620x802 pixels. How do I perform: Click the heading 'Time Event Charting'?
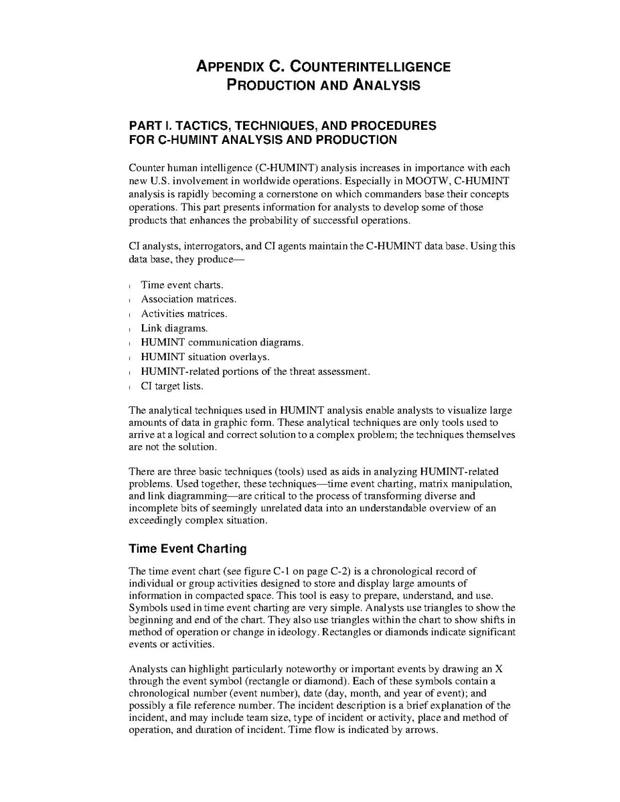[x=187, y=549]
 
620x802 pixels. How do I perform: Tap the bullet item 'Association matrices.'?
[x=188, y=299]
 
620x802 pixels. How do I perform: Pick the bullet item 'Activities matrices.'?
[x=184, y=313]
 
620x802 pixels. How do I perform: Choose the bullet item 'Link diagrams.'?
[x=174, y=328]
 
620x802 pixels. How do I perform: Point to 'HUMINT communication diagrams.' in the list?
[x=222, y=342]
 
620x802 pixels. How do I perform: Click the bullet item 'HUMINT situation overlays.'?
[x=206, y=357]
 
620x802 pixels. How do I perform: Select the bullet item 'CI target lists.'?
[x=172, y=386]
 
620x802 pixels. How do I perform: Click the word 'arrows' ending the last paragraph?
[x=421, y=730]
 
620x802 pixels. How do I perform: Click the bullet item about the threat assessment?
[x=255, y=371]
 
